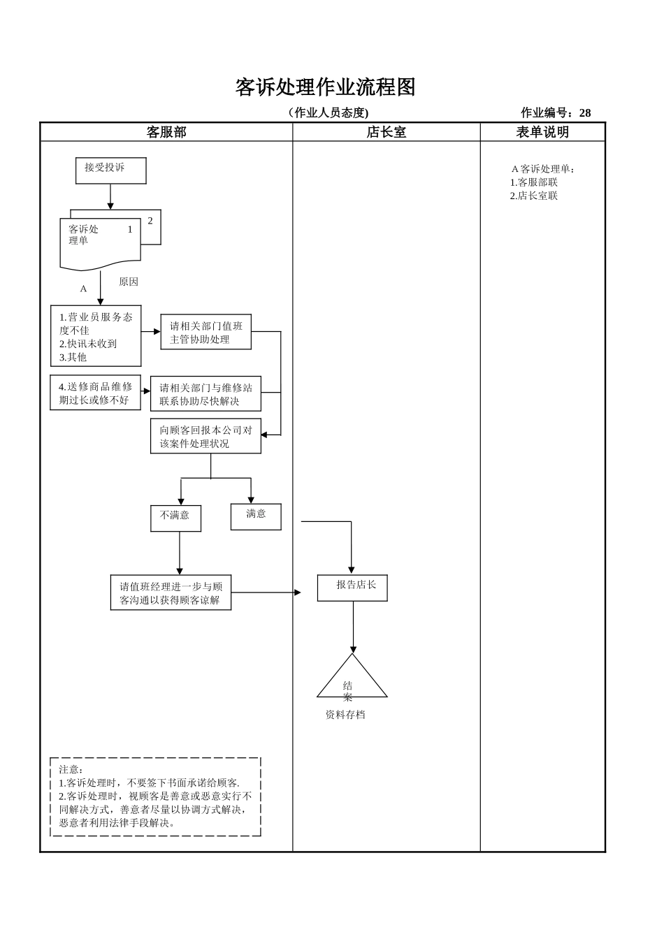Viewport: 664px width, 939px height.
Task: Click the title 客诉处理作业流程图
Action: (325, 87)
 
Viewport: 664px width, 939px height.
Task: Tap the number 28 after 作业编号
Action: (584, 113)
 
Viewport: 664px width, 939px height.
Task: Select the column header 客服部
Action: (166, 132)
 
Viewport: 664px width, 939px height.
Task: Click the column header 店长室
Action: (386, 132)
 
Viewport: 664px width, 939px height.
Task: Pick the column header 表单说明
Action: (542, 132)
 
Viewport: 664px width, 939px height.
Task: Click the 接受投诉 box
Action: (110, 170)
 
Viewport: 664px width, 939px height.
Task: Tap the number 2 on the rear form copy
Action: (150, 221)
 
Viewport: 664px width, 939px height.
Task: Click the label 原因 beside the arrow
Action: (129, 282)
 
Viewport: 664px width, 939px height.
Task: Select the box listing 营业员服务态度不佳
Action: (96, 336)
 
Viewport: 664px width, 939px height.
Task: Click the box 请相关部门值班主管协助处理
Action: (205, 332)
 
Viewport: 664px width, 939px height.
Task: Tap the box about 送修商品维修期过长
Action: (95, 393)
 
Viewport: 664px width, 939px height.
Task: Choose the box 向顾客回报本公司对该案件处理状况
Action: (205, 437)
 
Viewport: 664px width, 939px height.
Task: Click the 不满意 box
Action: (175, 518)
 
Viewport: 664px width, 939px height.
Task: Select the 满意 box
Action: (256, 516)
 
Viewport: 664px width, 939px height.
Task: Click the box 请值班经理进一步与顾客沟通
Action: (171, 592)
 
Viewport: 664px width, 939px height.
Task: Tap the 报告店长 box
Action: (352, 588)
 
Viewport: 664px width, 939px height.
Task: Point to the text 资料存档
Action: (345, 715)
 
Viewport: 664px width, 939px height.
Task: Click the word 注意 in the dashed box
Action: (71, 769)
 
